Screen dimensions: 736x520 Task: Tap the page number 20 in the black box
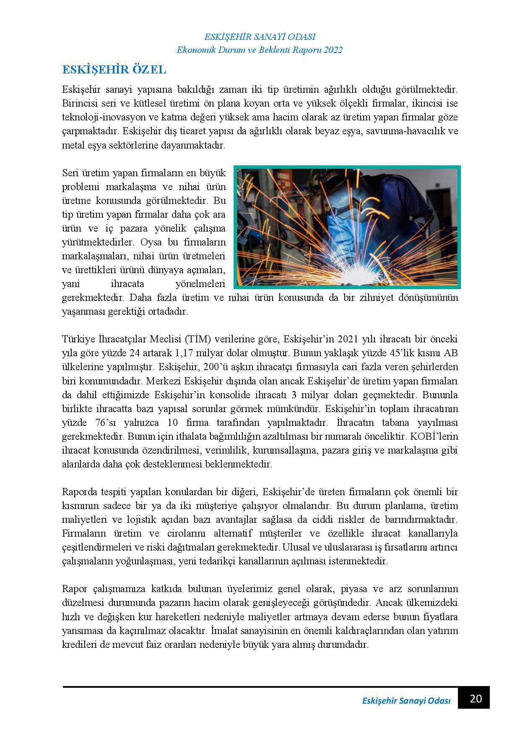pos(473,699)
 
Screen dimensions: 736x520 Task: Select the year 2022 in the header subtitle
pos(331,50)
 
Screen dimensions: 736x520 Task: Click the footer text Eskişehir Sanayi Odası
pos(406,701)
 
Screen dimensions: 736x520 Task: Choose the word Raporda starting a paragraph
pos(79,492)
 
